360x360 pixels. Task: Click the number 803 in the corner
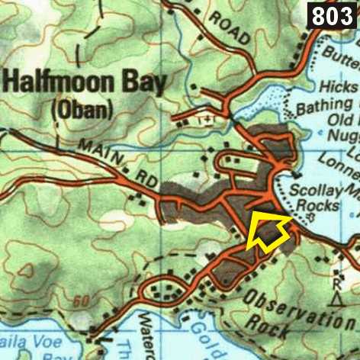(x=333, y=14)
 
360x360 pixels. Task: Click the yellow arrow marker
(x=266, y=230)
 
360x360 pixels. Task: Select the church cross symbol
(x=204, y=120)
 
